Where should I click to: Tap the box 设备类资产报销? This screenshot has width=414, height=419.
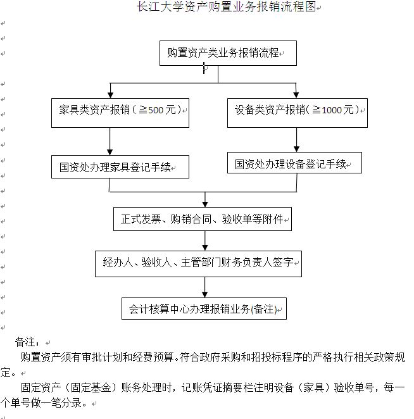[296, 110]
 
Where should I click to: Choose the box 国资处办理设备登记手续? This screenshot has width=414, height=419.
[294, 164]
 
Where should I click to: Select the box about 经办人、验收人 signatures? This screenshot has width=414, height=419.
[198, 261]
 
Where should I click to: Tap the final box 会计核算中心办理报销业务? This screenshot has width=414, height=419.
[203, 310]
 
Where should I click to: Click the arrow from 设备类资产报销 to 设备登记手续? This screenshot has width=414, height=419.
[296, 138]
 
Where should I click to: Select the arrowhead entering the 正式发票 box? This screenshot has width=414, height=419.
[205, 203]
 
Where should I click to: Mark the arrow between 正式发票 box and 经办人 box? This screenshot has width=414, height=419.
[205, 241]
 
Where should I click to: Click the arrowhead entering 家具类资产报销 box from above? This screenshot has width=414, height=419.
[110, 93]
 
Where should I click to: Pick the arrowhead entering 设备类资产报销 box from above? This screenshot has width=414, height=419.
[296, 93]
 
